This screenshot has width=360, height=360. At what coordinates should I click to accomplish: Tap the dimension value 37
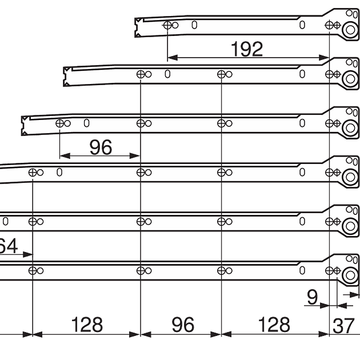coord(344,325)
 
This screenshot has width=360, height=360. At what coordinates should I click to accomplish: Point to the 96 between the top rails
coord(100,148)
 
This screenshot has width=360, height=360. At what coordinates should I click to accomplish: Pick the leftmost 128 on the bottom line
coord(87,325)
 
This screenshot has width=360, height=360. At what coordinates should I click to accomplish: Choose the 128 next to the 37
coord(274,325)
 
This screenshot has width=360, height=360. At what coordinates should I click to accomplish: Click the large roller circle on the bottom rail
coord(348,276)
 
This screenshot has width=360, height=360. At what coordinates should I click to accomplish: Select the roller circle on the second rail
coord(348,79)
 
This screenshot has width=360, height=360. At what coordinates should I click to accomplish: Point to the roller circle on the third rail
coord(348,129)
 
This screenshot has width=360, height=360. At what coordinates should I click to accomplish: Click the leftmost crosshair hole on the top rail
coord(167,25)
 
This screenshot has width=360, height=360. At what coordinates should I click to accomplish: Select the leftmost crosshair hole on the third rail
coord(59,123)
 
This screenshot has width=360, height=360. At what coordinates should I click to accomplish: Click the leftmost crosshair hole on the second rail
coord(140,74)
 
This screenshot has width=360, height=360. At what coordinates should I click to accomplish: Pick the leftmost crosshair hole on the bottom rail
coord(33,271)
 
